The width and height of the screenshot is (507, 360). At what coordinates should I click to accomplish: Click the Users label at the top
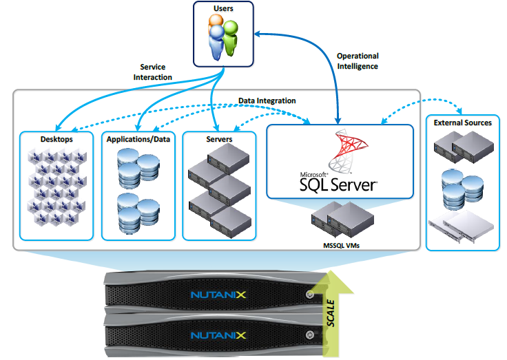click(223, 9)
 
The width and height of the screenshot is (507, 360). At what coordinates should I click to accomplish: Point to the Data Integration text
click(267, 100)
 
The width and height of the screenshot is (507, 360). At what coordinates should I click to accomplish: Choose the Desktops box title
click(56, 139)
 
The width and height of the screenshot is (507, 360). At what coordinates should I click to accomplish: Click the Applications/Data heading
click(138, 139)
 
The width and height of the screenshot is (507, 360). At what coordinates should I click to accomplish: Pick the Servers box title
click(219, 139)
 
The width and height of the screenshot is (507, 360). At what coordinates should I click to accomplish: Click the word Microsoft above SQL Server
click(314, 174)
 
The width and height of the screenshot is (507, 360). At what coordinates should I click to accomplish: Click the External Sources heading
click(462, 123)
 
